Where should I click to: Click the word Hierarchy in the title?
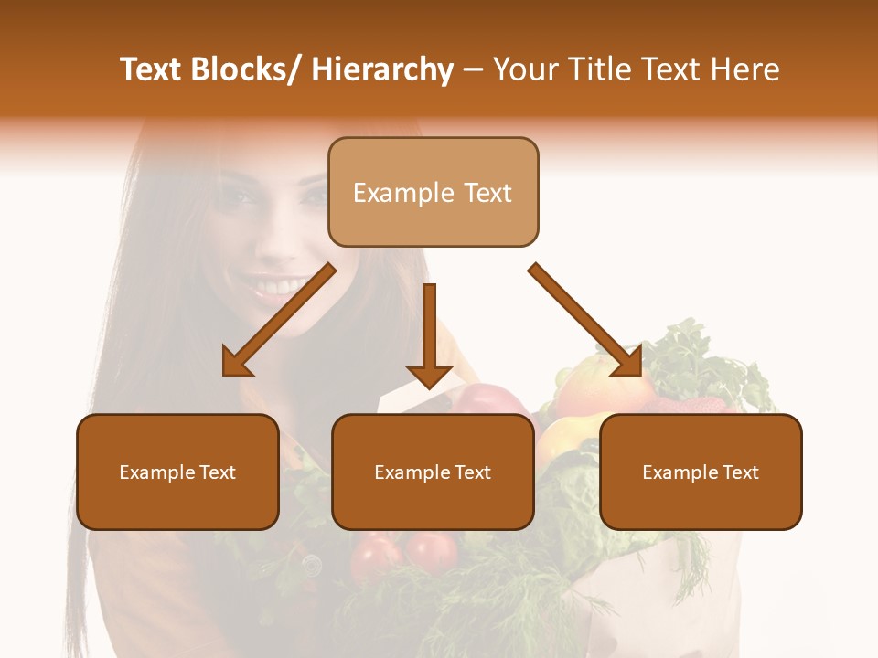click(382, 69)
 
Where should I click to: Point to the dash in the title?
click(473, 70)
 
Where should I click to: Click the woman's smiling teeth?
click(274, 288)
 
